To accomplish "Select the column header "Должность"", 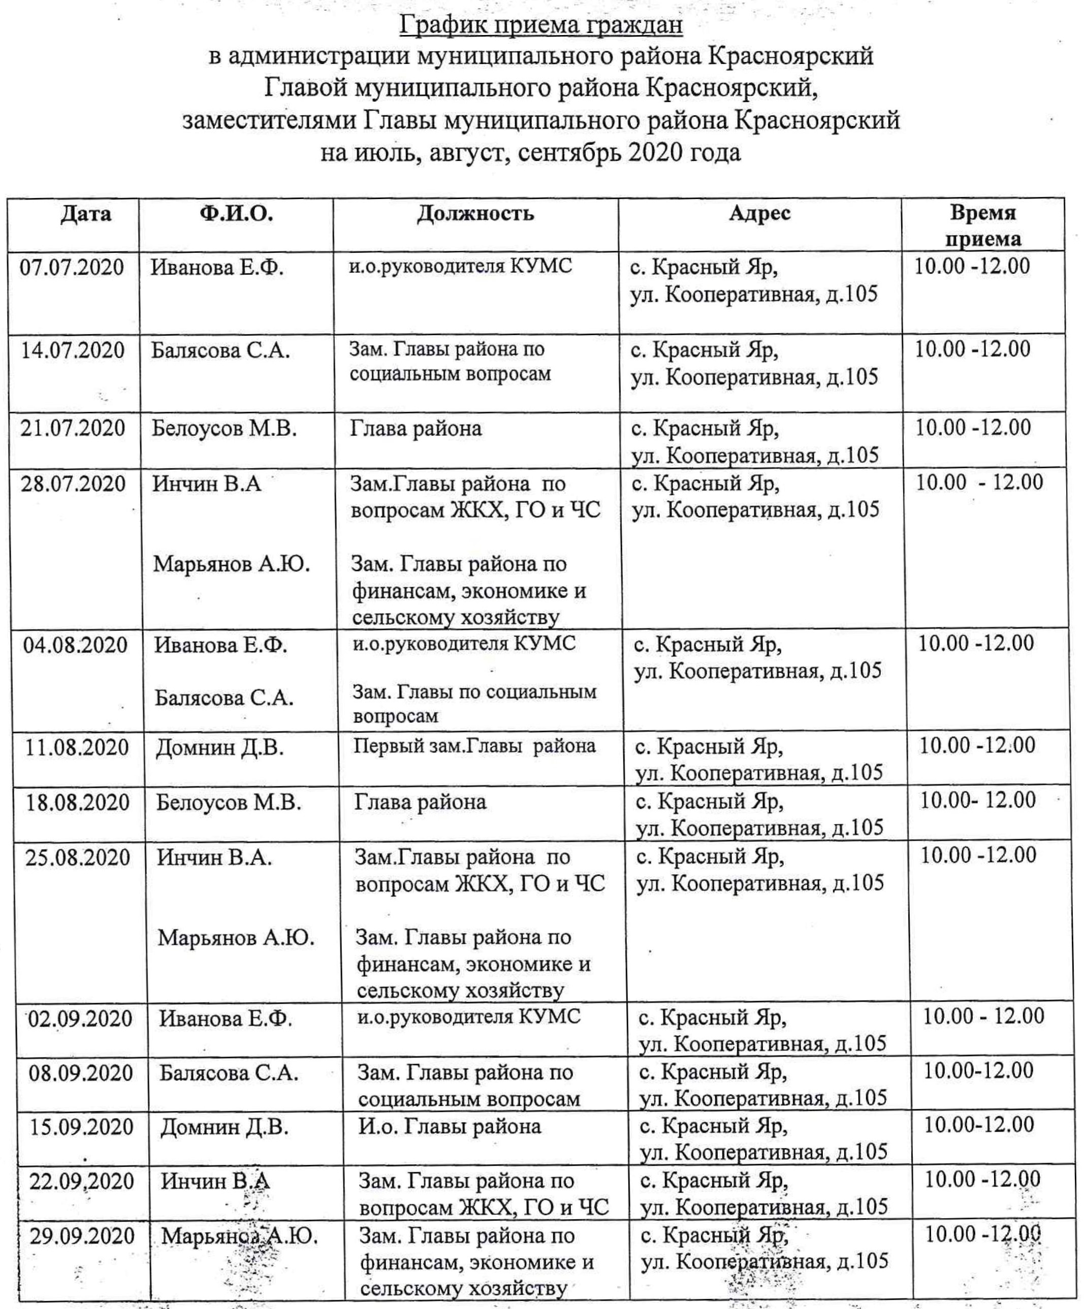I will pyautogui.click(x=475, y=213).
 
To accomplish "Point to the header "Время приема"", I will pyautogui.click(x=983, y=226).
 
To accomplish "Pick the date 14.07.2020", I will pyautogui.click(x=73, y=349).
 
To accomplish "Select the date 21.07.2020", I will pyautogui.click(x=73, y=428).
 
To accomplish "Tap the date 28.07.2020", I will pyautogui.click(x=74, y=484).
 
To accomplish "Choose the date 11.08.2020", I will pyautogui.click(x=77, y=747).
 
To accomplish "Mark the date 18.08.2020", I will pyautogui.click(x=78, y=802).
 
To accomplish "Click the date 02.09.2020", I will pyautogui.click(x=80, y=1018).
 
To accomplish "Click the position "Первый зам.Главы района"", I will pyautogui.click(x=475, y=746).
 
